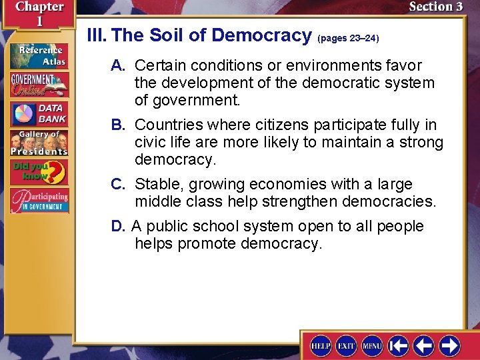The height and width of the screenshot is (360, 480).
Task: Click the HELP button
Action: click(321, 345)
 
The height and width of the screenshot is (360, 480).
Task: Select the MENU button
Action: click(372, 345)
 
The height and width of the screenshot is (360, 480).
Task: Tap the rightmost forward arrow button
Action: click(449, 345)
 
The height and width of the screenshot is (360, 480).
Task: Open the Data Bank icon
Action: click(39, 113)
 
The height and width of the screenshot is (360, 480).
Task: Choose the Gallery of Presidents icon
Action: click(39, 143)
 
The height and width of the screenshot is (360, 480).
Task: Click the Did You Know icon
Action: click(39, 172)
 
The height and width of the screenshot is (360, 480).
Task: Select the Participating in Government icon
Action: click(39, 201)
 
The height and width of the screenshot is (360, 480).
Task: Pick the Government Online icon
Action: click(39, 85)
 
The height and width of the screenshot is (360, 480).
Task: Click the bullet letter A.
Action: click(119, 65)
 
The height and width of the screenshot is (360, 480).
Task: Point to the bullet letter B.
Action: click(119, 125)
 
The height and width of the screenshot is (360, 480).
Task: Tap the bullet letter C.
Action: click(119, 184)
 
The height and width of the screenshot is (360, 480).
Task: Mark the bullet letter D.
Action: click(119, 226)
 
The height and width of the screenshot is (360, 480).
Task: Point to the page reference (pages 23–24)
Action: click(348, 39)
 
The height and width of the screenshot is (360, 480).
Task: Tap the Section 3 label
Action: click(435, 7)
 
